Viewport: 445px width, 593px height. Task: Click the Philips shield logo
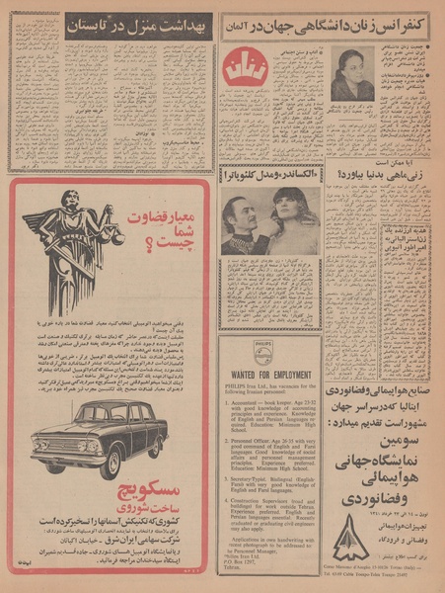pyautogui.click(x=269, y=348)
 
